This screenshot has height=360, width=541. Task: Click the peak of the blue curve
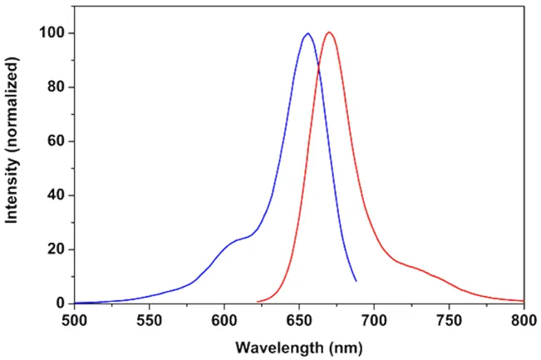coord(307,34)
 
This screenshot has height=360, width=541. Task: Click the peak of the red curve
coord(330,32)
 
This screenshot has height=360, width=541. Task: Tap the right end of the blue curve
coord(356,280)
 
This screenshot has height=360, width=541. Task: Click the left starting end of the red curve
coord(258,301)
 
